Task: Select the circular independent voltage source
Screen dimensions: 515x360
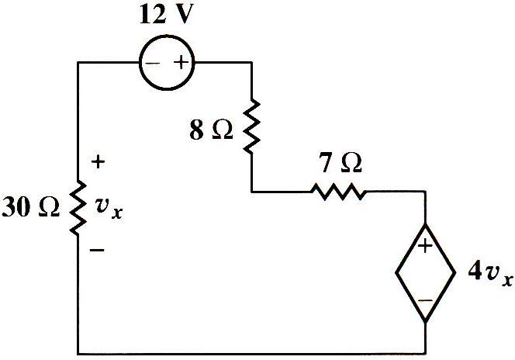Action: click(x=167, y=62)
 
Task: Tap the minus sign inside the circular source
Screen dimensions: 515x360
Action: click(x=152, y=63)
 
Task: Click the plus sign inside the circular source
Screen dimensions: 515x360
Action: click(x=181, y=62)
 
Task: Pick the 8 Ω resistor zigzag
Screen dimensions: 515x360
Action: click(x=251, y=126)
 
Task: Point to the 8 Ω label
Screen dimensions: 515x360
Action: click(x=211, y=130)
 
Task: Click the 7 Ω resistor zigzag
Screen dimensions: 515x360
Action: click(x=338, y=192)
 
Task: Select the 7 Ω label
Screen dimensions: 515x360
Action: click(x=340, y=162)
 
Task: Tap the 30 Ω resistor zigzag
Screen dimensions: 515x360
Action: click(x=78, y=208)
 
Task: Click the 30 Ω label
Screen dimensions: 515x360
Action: click(x=30, y=207)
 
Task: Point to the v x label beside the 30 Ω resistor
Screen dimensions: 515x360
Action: click(x=109, y=208)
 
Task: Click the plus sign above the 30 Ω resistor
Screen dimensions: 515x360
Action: click(x=98, y=162)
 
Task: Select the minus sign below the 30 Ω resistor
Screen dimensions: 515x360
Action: click(x=97, y=251)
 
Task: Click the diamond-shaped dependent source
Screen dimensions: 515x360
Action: click(x=425, y=272)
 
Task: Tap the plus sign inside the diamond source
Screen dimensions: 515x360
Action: click(x=425, y=245)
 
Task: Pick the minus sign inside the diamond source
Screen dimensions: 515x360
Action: click(x=425, y=300)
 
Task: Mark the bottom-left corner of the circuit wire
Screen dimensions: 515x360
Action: click(x=78, y=354)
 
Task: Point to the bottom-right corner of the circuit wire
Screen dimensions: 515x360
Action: click(x=426, y=354)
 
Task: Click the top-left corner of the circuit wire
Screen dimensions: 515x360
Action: click(x=78, y=62)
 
